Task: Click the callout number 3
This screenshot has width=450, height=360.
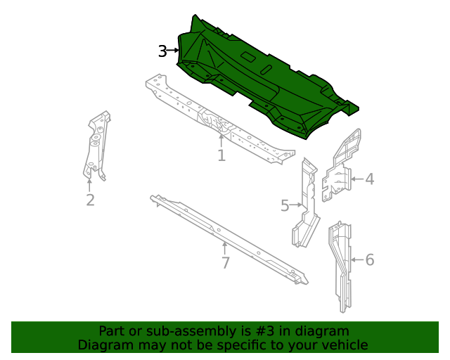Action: tap(162, 51)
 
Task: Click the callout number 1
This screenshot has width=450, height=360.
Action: tap(221, 155)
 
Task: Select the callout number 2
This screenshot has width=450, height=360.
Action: tap(90, 200)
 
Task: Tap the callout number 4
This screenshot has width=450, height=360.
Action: tap(369, 179)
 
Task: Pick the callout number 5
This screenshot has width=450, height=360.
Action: tap(285, 205)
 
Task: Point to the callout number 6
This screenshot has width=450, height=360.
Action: tap(369, 260)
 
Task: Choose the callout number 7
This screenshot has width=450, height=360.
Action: tap(225, 263)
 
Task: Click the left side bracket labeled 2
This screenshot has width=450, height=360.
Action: tap(96, 144)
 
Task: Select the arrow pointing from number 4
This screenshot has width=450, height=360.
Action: tap(356, 179)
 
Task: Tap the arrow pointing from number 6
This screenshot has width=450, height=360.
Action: tap(356, 260)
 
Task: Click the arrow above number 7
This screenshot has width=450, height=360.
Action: tap(224, 248)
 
